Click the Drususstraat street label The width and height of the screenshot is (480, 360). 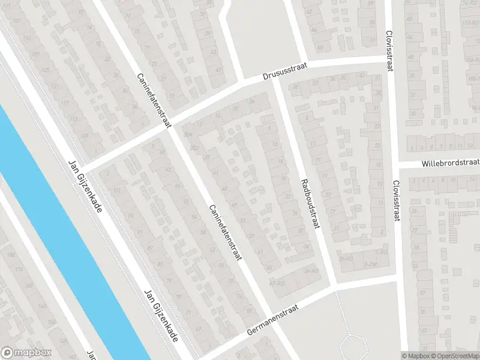tap(285, 73)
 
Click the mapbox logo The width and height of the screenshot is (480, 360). tap(26, 353)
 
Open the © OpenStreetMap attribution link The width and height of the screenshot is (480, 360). tap(454, 355)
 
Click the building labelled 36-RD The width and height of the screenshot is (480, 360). tap(310, 271)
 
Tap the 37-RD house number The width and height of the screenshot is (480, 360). tap(277, 283)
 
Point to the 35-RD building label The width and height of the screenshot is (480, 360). tap(344, 259)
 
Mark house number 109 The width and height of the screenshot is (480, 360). tap(84, 136)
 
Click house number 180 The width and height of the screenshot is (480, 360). tap(10, 256)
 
